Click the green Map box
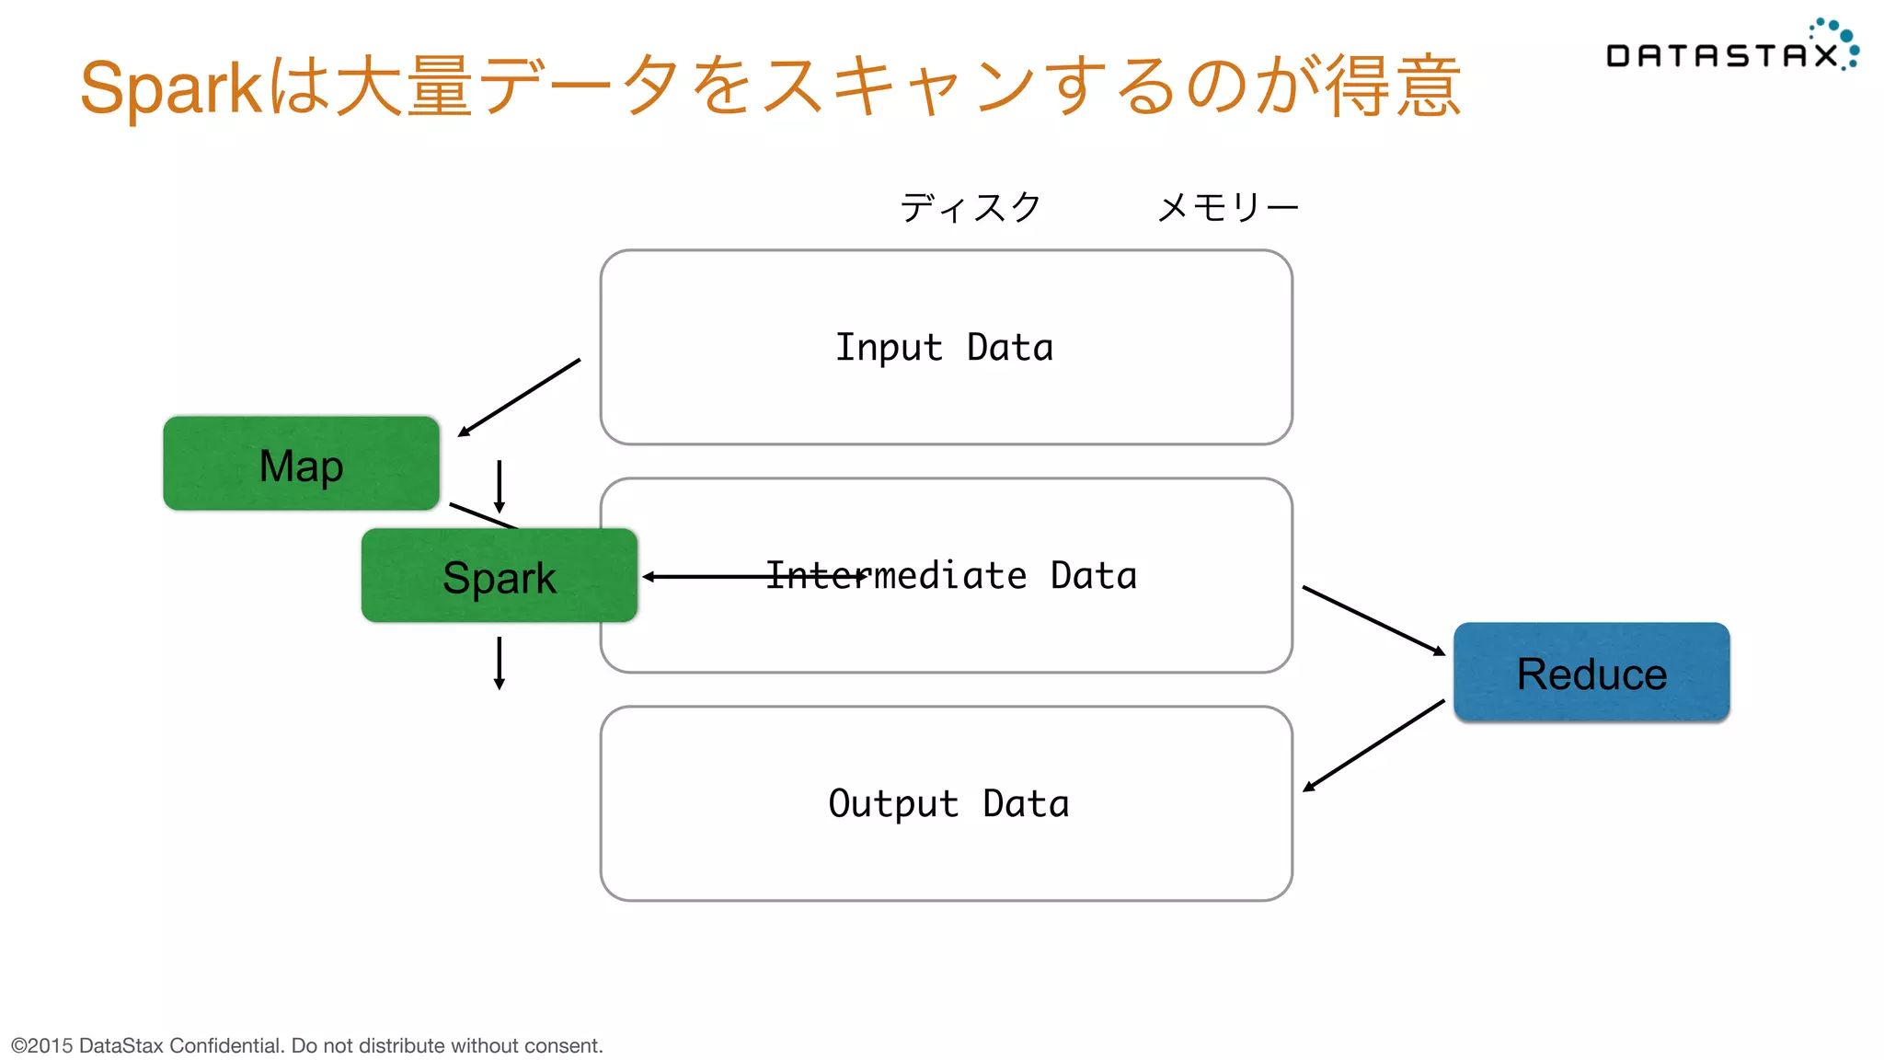click(x=301, y=464)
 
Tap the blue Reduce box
click(x=1591, y=673)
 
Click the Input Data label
click(x=944, y=348)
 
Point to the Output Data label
click(x=948, y=804)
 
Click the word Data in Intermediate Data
click(x=1093, y=576)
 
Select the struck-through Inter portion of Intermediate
click(x=815, y=576)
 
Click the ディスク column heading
click(x=970, y=207)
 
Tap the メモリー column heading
click(x=1227, y=207)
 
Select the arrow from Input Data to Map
click(x=520, y=397)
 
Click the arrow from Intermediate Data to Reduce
click(x=1373, y=620)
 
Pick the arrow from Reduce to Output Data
click(x=1373, y=746)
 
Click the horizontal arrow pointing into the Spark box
click(x=708, y=577)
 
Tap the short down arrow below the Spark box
click(x=499, y=662)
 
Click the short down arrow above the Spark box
click(x=499, y=486)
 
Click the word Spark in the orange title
click(x=171, y=88)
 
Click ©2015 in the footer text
click(x=41, y=1045)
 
